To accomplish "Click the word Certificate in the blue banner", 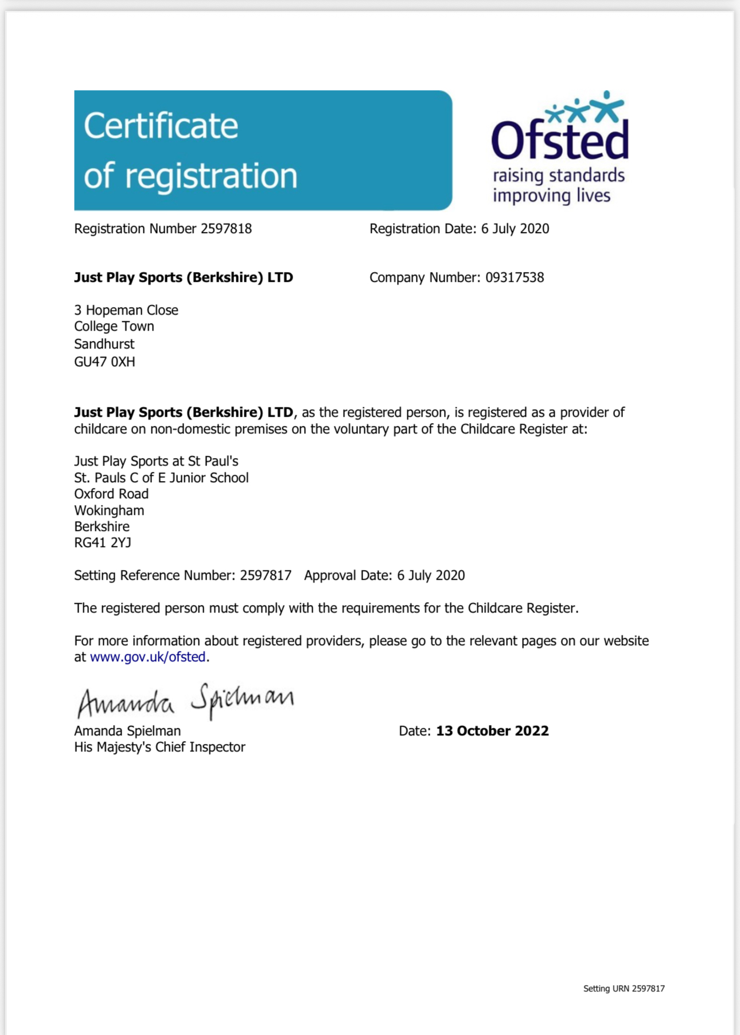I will tap(161, 126).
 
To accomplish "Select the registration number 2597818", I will tap(226, 228).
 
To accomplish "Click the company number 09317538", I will tap(515, 277).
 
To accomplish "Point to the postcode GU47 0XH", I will tap(104, 362).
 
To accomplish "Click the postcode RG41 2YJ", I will tap(103, 542).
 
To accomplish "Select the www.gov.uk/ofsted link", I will tap(147, 657).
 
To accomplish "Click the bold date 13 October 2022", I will tap(492, 731).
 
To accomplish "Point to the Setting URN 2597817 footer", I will tap(624, 989).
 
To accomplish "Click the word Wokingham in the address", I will tap(109, 510).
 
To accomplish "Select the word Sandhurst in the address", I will tap(104, 344).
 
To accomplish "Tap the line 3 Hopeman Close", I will tap(126, 310).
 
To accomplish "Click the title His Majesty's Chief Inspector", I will tap(159, 747).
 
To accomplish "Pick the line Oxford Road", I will tap(111, 494).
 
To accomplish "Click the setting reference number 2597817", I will tap(266, 575).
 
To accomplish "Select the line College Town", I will tap(114, 326).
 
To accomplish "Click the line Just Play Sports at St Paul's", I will tap(156, 461).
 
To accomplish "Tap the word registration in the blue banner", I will tap(211, 176).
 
